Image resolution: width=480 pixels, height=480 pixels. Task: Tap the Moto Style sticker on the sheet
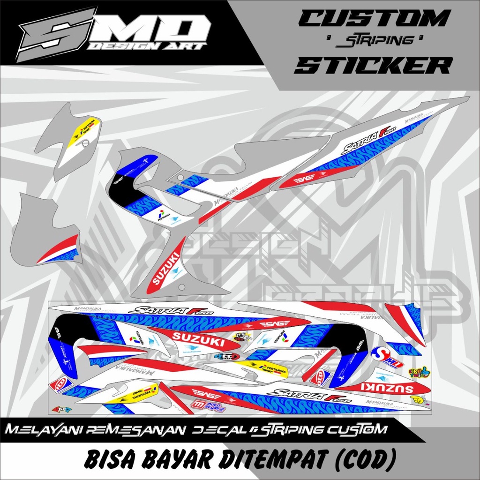(208, 405)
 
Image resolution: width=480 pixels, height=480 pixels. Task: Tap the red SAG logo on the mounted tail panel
(304, 178)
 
